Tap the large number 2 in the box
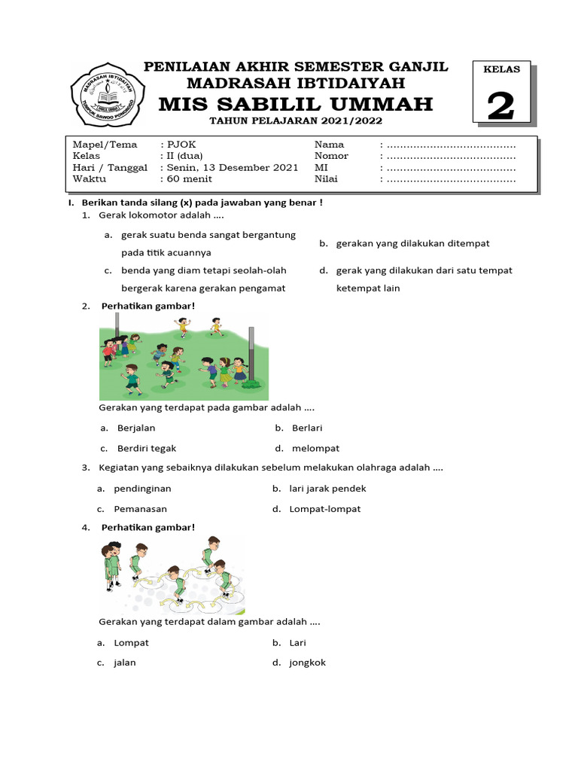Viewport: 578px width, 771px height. coord(500,105)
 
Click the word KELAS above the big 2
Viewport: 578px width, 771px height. coord(500,70)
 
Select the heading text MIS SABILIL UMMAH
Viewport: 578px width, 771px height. coord(296,103)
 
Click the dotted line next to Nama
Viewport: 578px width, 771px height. coord(451,144)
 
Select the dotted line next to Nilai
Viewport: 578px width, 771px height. coord(451,179)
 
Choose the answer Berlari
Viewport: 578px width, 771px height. coord(307,428)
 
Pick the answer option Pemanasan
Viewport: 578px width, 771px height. coord(141,509)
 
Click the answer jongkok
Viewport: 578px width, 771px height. coord(308,663)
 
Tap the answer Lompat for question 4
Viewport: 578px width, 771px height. coord(132,642)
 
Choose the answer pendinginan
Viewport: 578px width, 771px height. coord(143,489)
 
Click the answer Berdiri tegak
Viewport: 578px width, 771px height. coord(147,448)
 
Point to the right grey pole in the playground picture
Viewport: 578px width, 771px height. coord(251,354)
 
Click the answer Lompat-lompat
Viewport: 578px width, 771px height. coord(325,509)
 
